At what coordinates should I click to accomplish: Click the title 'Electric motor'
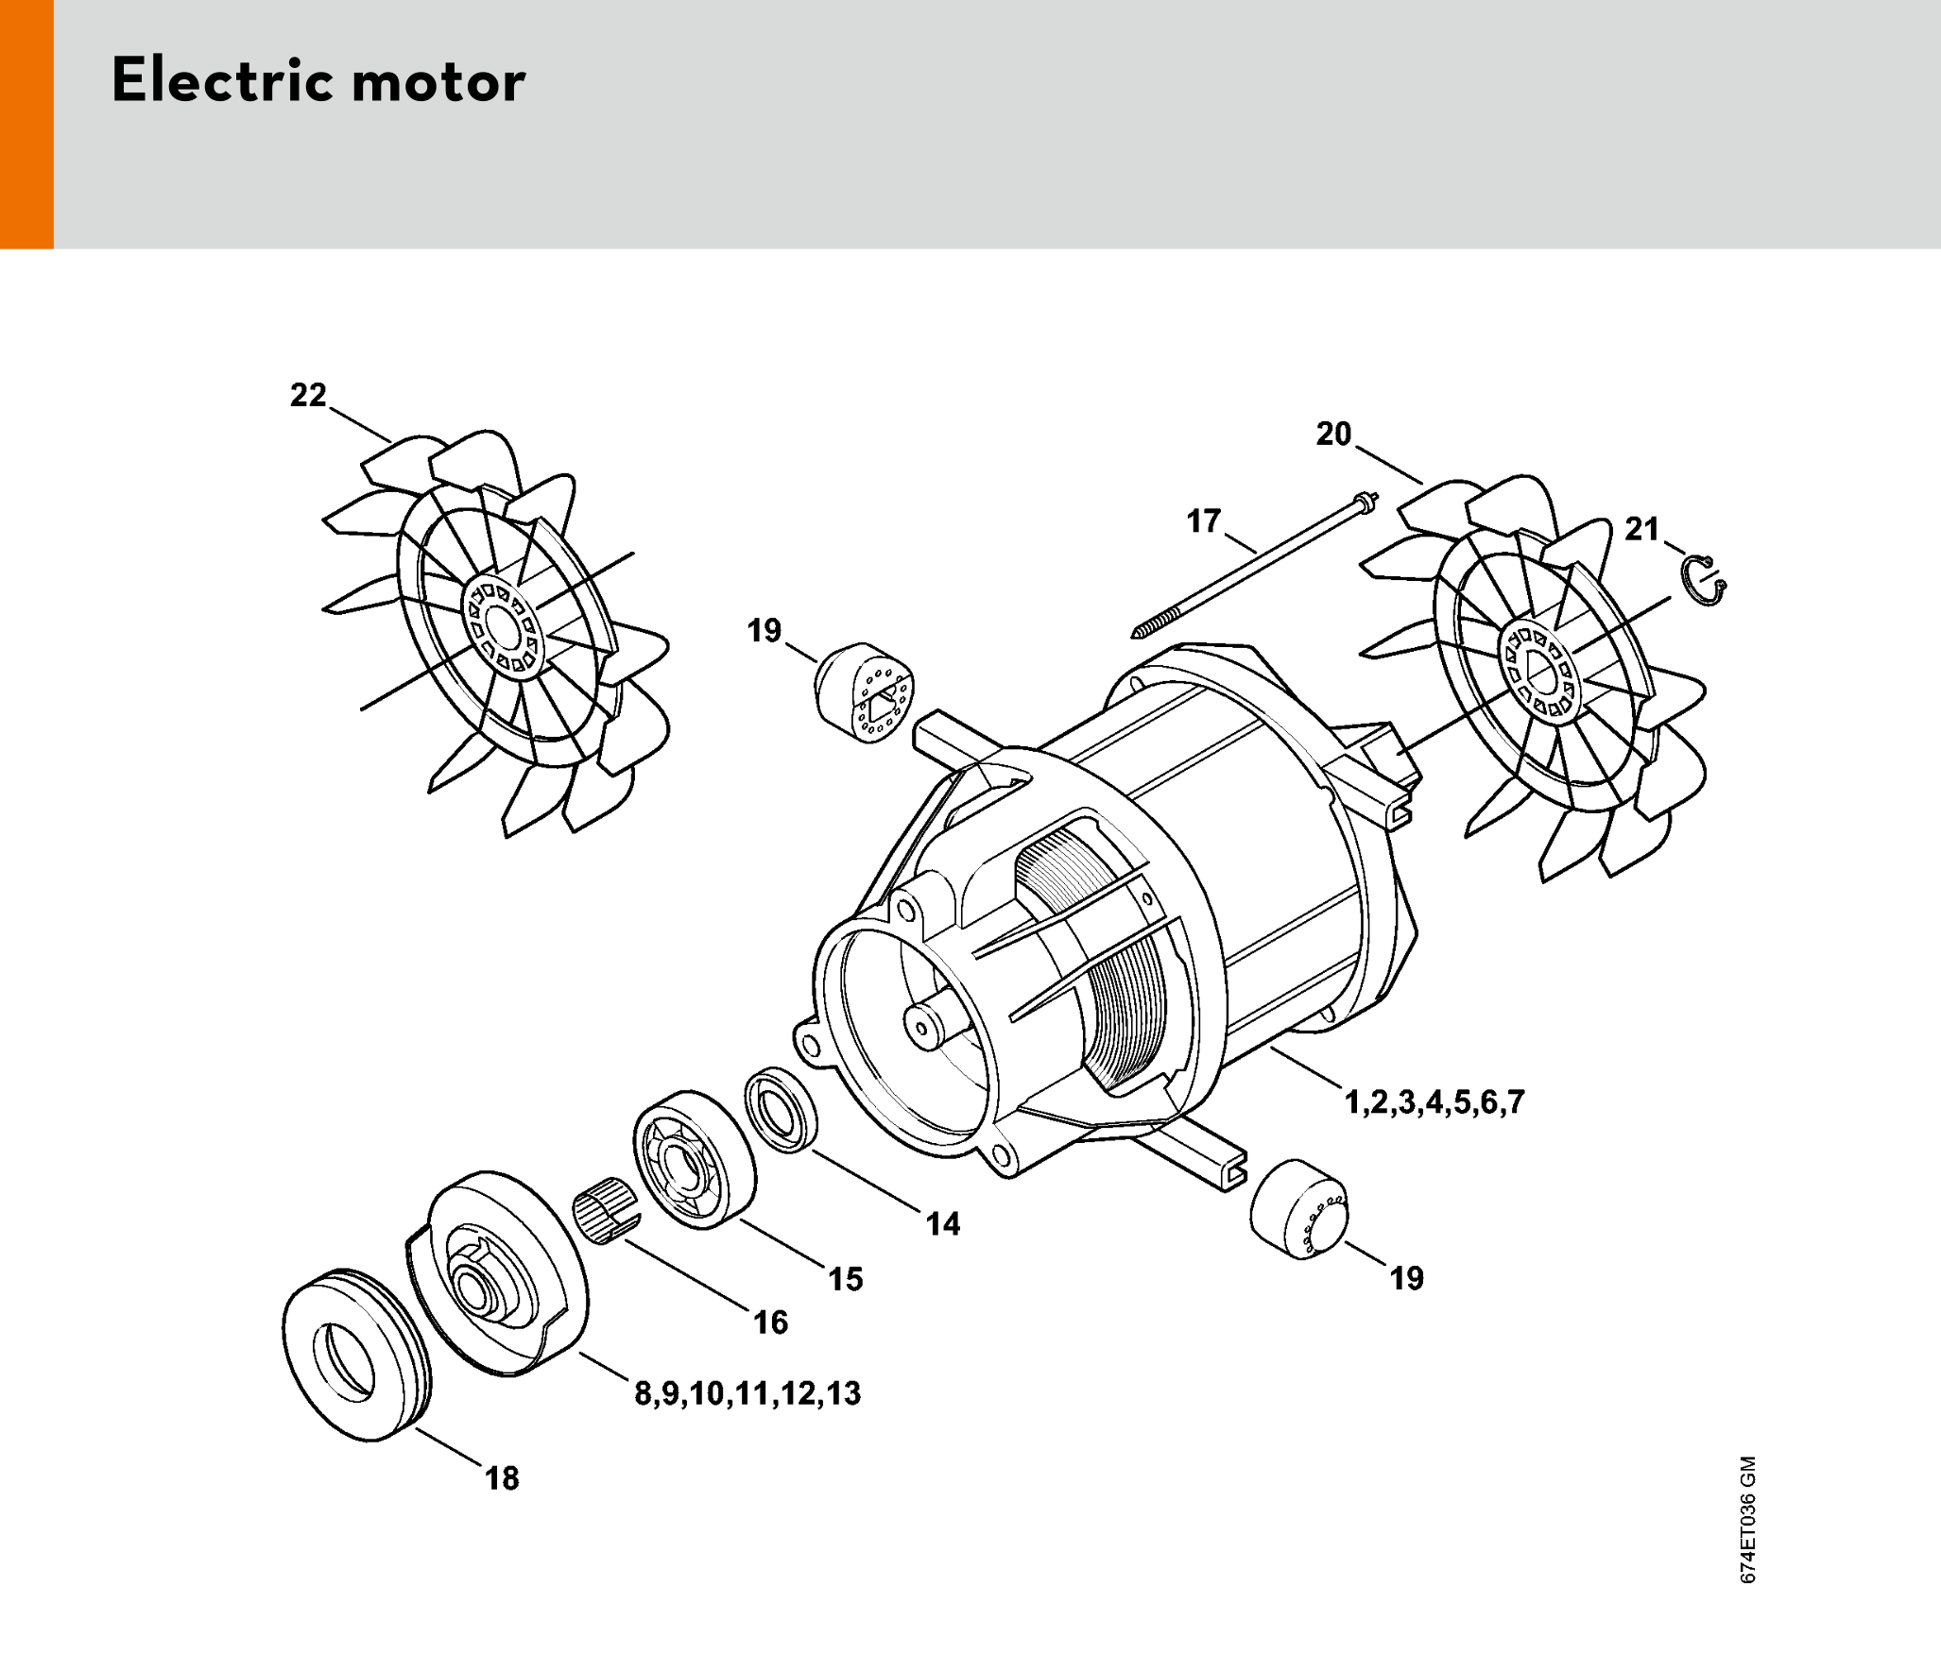(318, 81)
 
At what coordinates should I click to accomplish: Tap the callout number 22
(308, 395)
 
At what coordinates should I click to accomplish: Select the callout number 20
(1333, 435)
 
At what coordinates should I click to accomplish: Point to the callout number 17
(1204, 521)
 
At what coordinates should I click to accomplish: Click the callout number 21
(1642, 529)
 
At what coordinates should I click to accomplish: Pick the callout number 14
(943, 1224)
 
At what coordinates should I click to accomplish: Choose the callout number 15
(846, 1279)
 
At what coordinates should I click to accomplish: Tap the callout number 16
(770, 1322)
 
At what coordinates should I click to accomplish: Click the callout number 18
(502, 1478)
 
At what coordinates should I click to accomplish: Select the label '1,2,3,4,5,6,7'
(1434, 1102)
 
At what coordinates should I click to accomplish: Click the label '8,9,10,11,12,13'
(747, 1393)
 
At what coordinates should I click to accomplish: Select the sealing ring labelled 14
(781, 1110)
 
